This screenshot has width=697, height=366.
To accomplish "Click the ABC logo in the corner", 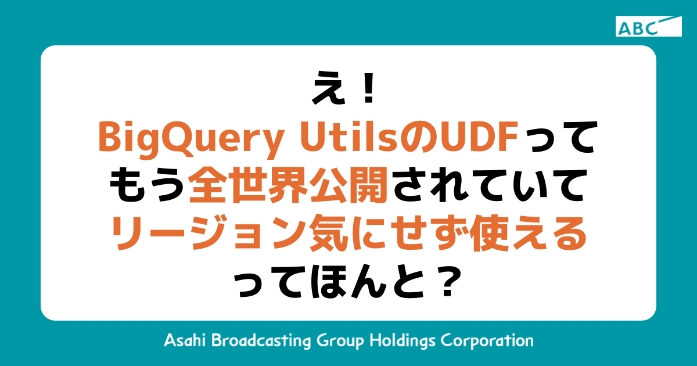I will tap(648, 27).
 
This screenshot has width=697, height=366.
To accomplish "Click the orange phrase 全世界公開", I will tap(289, 186).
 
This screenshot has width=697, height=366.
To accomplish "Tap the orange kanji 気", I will tap(322, 235).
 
